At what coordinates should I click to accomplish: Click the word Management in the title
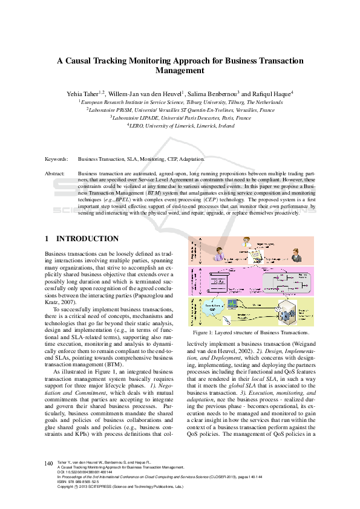[x=180, y=70]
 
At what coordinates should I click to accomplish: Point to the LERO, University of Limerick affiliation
[x=180, y=126]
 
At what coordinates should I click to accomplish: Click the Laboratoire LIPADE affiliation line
[x=180, y=118]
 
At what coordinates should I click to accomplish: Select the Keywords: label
[x=57, y=159]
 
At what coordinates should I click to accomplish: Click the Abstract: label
[x=56, y=173]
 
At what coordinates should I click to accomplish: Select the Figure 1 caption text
[x=250, y=332]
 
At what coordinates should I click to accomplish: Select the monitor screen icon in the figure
[x=231, y=302]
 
